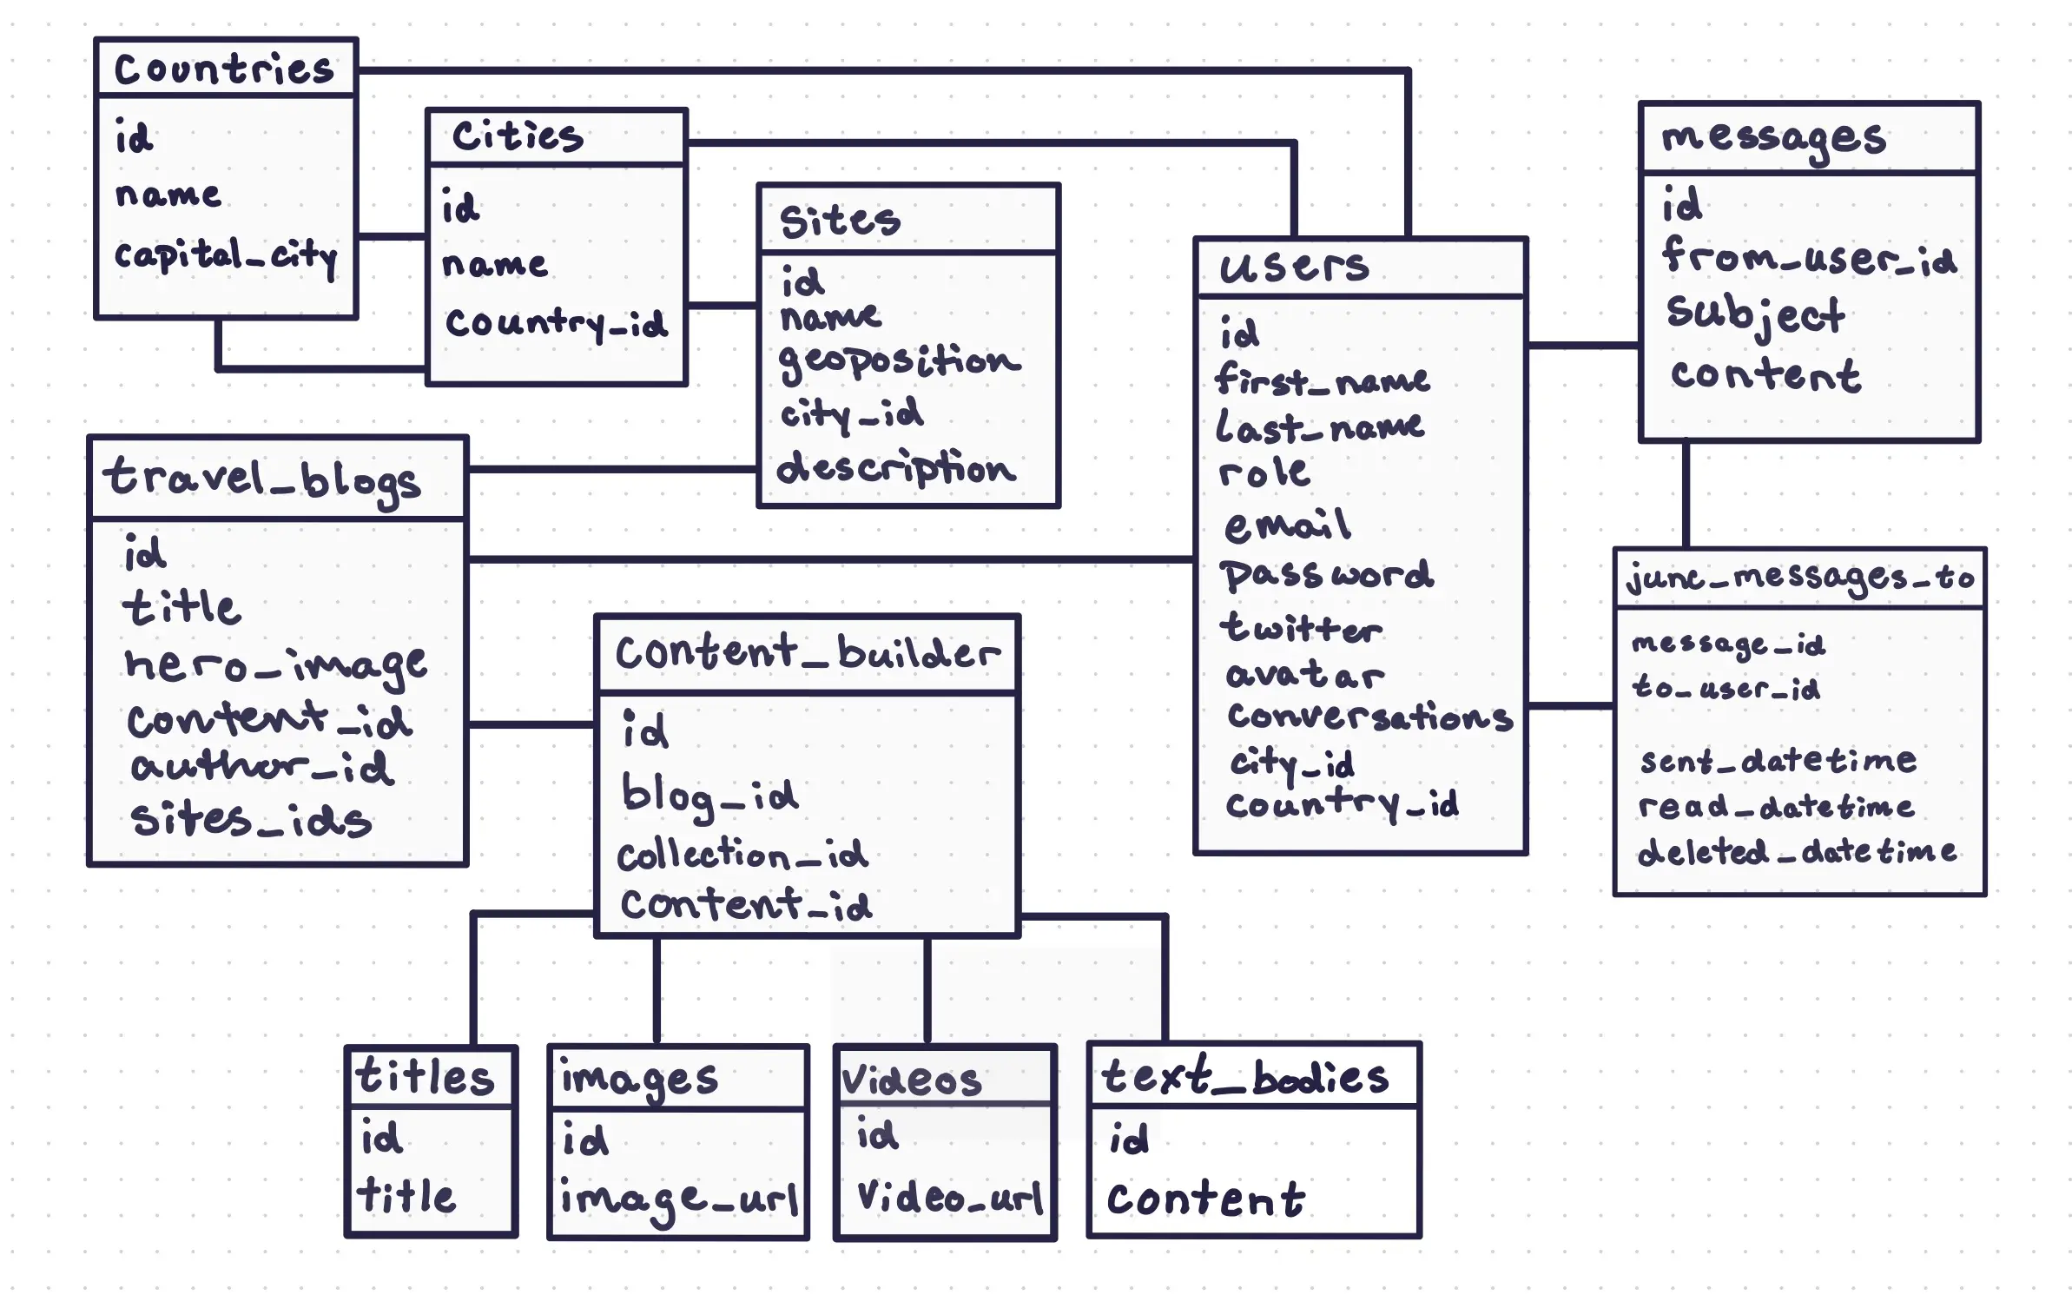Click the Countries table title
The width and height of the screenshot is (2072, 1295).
(224, 69)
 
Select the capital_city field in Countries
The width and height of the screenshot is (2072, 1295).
(225, 255)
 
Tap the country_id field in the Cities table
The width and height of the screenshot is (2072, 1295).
(556, 323)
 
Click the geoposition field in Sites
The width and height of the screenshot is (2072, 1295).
(899, 360)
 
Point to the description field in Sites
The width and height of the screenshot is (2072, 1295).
(895, 469)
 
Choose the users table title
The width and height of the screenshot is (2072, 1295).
(1294, 267)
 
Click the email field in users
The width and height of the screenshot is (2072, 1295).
(1287, 525)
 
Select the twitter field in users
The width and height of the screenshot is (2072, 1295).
(1300, 627)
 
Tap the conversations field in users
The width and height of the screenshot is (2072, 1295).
(1369, 717)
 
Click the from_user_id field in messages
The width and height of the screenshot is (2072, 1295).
(1809, 257)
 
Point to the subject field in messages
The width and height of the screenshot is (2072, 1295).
(1755, 314)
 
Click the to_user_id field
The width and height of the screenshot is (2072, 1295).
(1726, 689)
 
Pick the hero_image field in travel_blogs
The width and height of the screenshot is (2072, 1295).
(275, 665)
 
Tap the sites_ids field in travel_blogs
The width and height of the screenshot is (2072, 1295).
(251, 820)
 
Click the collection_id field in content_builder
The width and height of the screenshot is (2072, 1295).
(742, 855)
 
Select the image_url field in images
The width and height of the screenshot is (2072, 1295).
(678, 1199)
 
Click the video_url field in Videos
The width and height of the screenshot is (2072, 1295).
(949, 1198)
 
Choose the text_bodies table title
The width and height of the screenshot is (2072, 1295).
(1244, 1077)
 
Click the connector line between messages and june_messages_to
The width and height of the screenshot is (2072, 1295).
(1686, 495)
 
